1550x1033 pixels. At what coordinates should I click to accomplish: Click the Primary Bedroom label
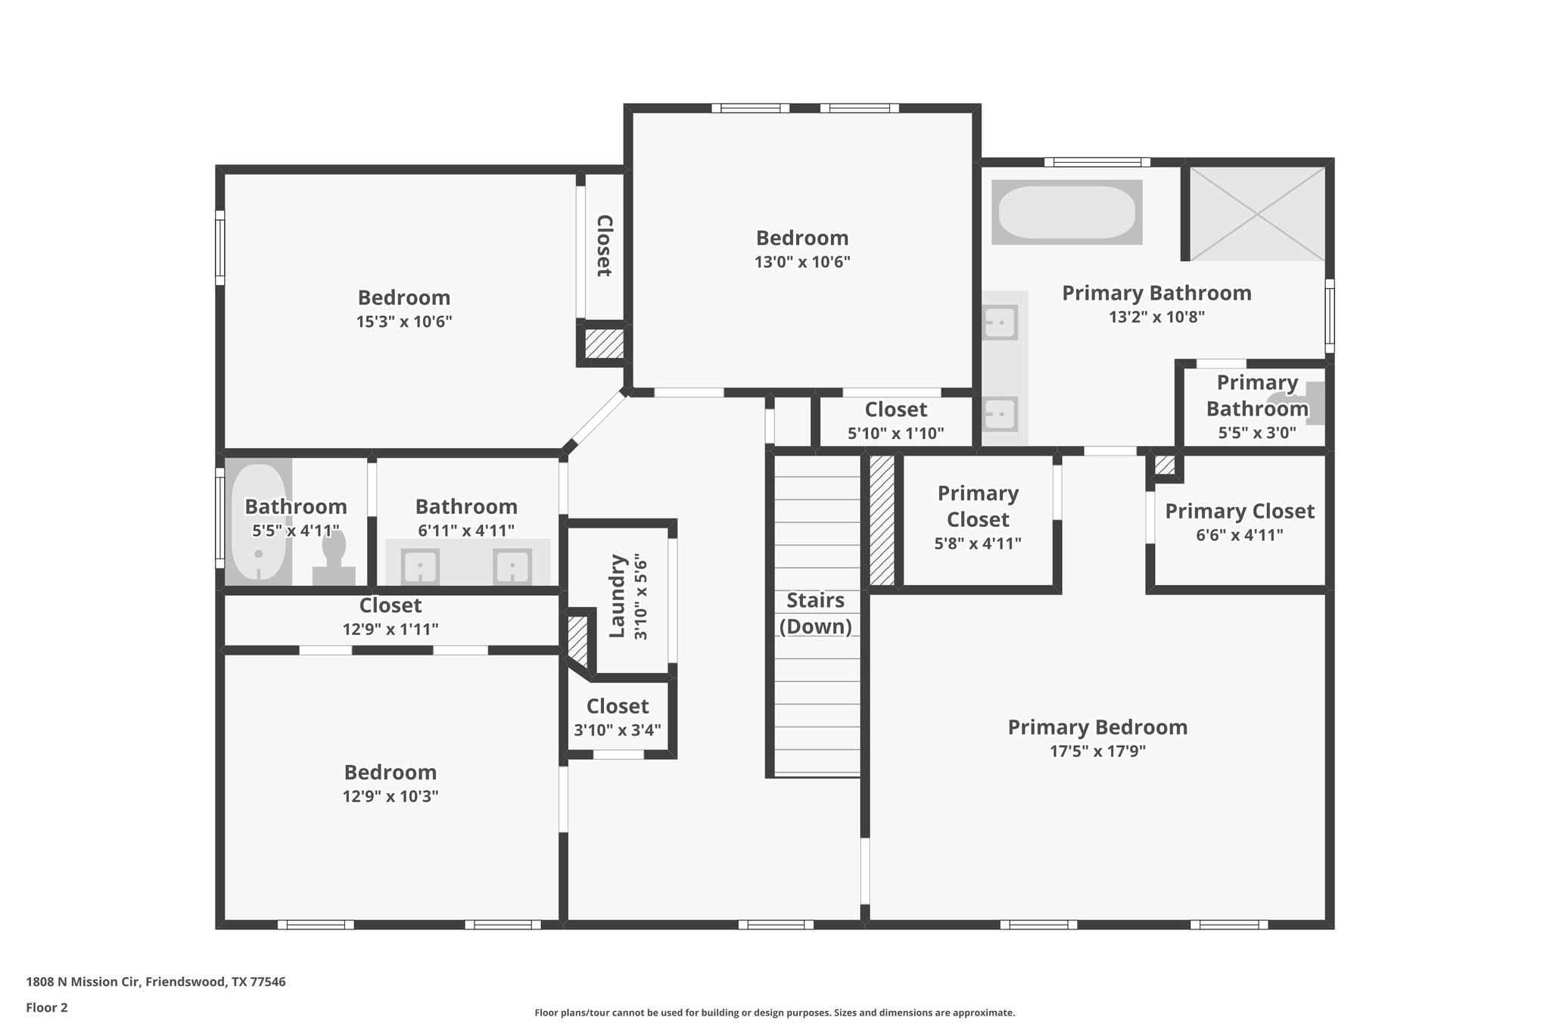(x=1097, y=727)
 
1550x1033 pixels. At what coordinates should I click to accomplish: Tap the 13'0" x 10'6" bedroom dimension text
(x=802, y=263)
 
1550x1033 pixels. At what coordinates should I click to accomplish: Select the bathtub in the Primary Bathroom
(x=1066, y=213)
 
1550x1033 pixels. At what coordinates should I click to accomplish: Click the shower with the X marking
(x=1257, y=214)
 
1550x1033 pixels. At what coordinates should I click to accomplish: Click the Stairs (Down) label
(x=815, y=613)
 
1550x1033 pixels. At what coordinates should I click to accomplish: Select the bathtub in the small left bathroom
(x=258, y=522)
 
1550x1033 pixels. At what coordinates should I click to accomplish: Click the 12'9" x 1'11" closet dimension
(x=390, y=630)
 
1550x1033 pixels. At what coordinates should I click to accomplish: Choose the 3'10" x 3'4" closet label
(x=617, y=706)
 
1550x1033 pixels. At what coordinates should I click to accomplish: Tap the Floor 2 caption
(x=47, y=1008)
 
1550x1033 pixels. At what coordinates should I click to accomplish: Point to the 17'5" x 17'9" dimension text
(x=1097, y=751)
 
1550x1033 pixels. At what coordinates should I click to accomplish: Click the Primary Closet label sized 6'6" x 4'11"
(x=1239, y=512)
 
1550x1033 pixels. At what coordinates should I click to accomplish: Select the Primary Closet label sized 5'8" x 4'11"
(x=977, y=506)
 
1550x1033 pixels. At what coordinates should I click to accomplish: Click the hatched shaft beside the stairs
(x=882, y=520)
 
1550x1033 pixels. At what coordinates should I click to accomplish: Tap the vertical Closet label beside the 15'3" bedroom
(x=604, y=246)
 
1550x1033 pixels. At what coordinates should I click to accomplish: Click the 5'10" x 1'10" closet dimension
(x=895, y=434)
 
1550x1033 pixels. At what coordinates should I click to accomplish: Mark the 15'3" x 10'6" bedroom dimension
(x=404, y=322)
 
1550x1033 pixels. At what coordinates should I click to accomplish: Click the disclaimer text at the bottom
(x=774, y=1013)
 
